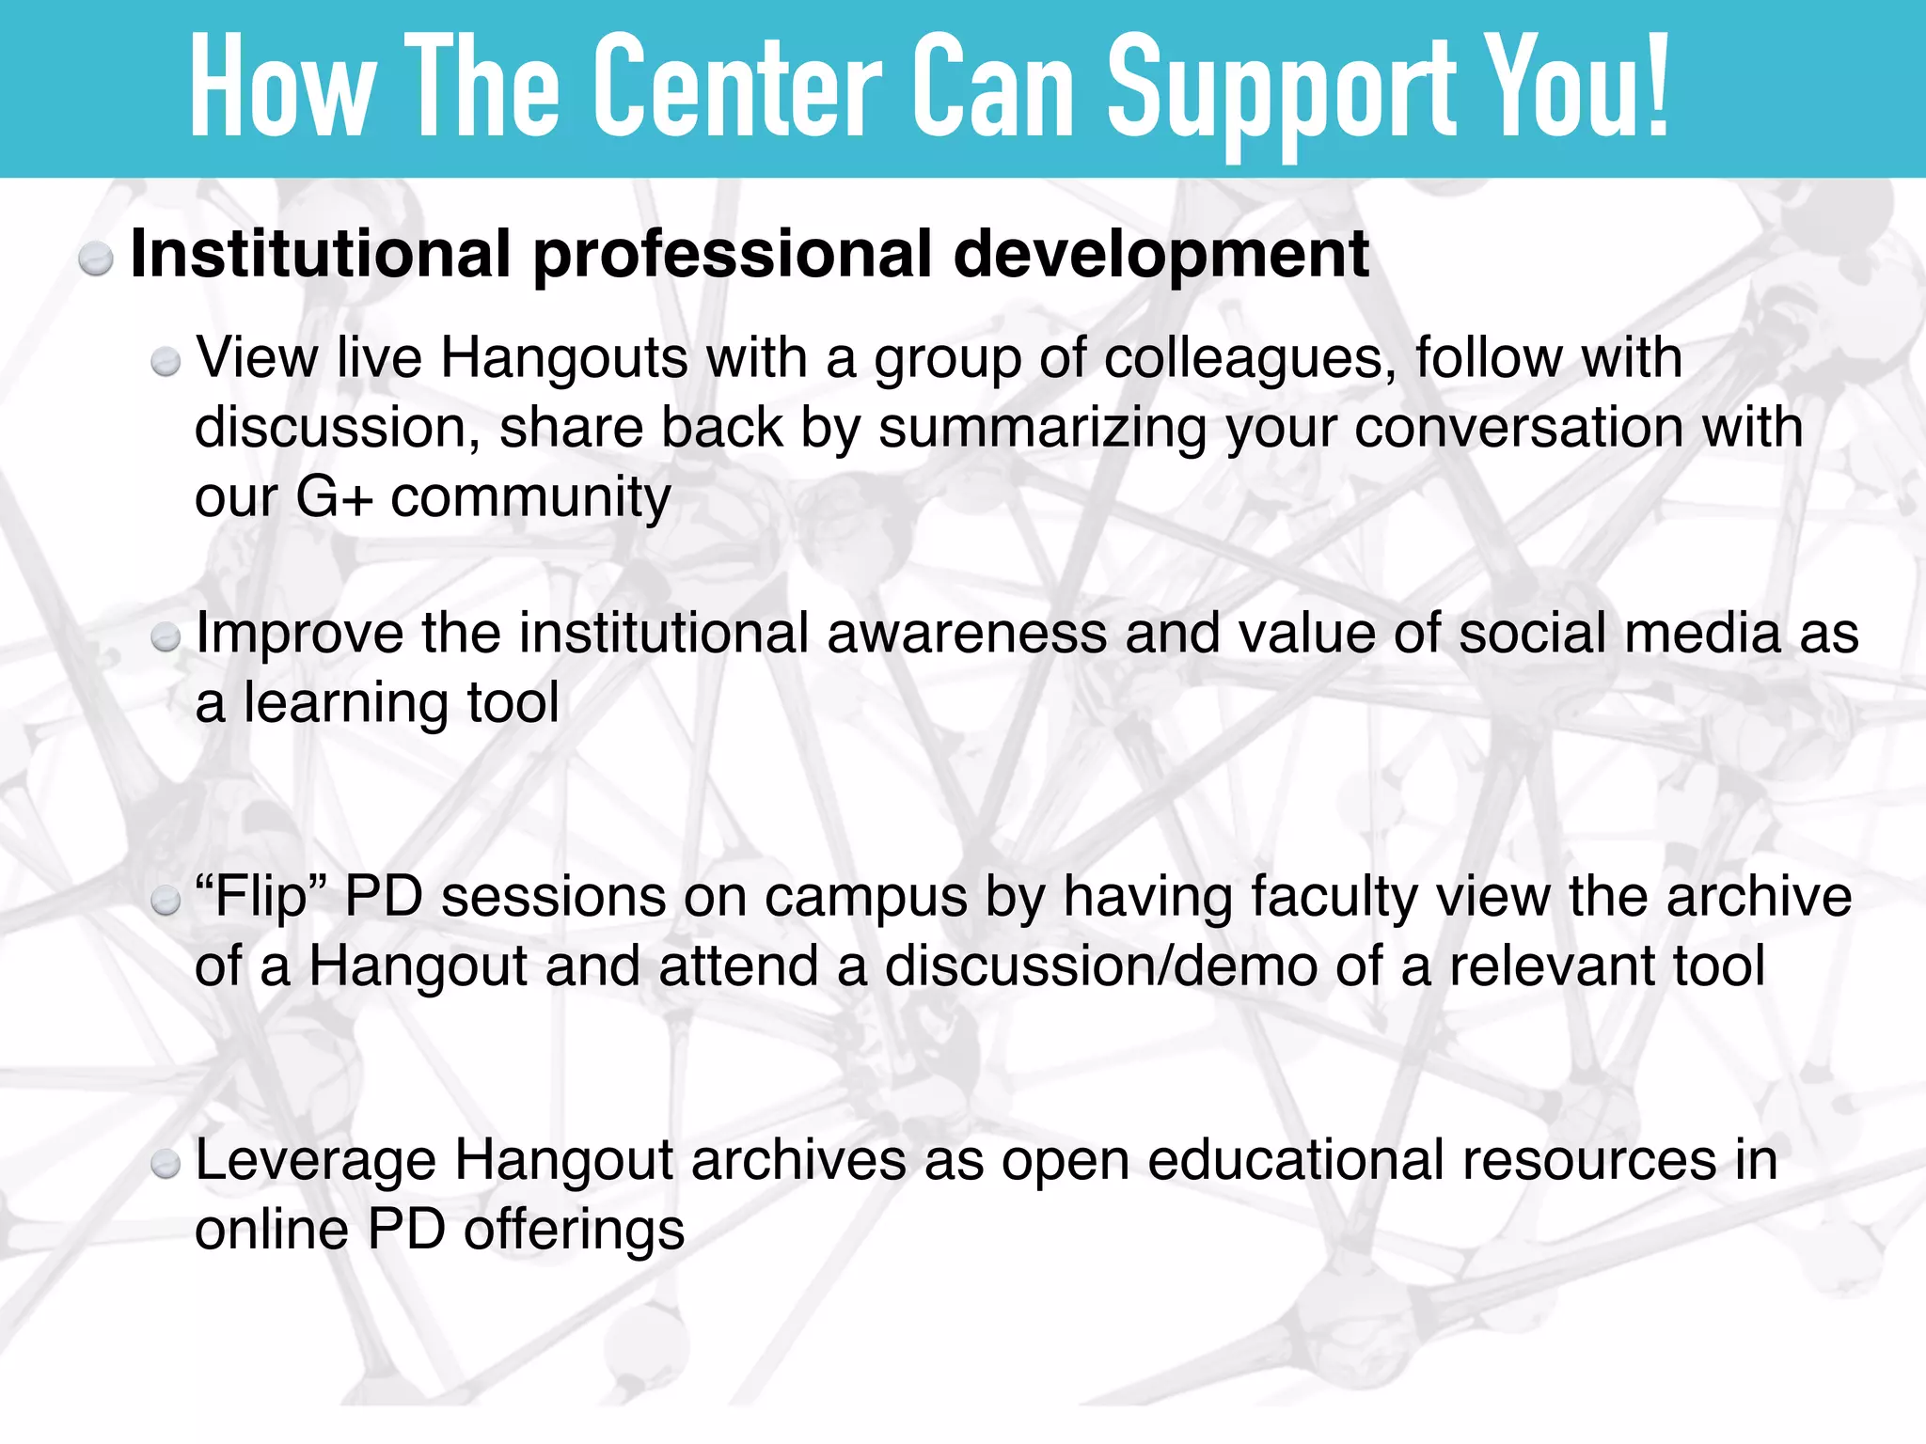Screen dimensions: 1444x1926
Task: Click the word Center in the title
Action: (x=737, y=90)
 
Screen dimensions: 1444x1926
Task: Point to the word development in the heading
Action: (x=1160, y=256)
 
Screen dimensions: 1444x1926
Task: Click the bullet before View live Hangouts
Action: (x=166, y=362)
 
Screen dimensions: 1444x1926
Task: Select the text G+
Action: (x=334, y=497)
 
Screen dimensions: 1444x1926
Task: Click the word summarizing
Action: (x=1042, y=429)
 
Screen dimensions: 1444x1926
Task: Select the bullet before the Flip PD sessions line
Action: (x=166, y=902)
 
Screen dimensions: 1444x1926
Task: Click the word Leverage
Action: (x=315, y=1162)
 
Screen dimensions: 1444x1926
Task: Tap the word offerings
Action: (x=574, y=1231)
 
